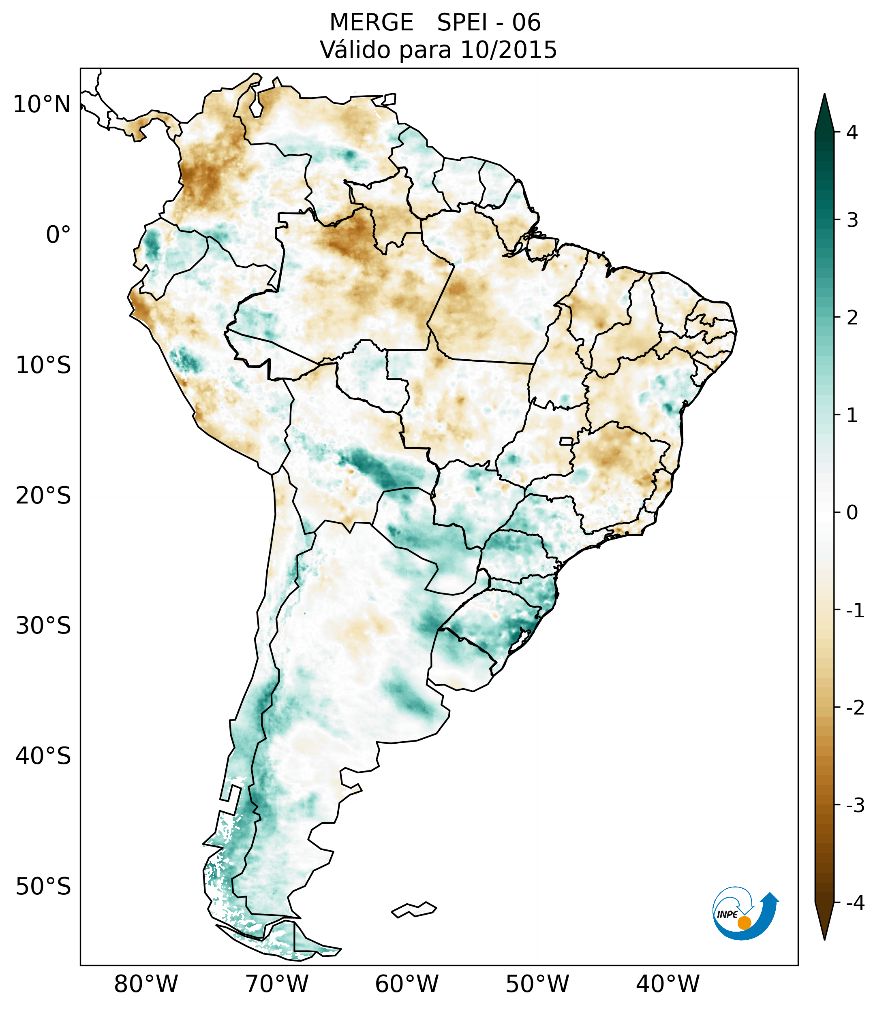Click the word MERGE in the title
(371, 23)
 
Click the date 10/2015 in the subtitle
(508, 50)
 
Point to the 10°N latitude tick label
(42, 105)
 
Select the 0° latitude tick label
(58, 235)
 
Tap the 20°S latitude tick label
(43, 496)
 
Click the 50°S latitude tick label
(43, 887)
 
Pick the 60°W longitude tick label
(407, 984)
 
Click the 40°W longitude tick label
(668, 984)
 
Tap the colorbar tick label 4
(852, 132)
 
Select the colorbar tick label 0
(852, 513)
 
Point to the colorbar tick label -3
(855, 805)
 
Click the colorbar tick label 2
(852, 318)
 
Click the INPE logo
(745, 912)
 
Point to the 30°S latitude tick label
(43, 626)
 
